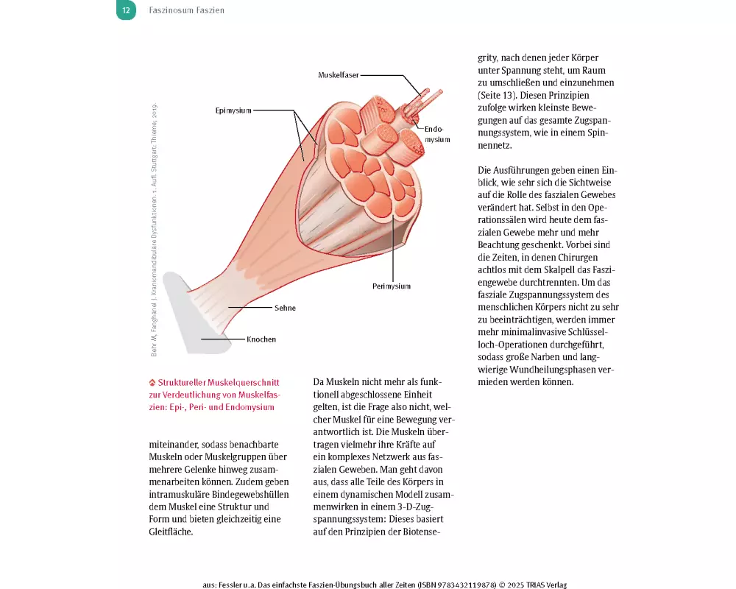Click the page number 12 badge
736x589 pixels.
click(x=126, y=10)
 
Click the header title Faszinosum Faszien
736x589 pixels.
click(x=186, y=10)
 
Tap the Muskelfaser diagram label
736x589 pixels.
click(x=339, y=76)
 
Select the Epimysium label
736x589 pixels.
click(x=233, y=110)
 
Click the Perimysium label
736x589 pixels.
click(x=391, y=286)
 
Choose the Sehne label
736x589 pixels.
click(x=285, y=308)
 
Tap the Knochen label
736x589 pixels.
click(x=261, y=339)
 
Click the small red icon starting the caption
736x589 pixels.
click(x=152, y=383)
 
